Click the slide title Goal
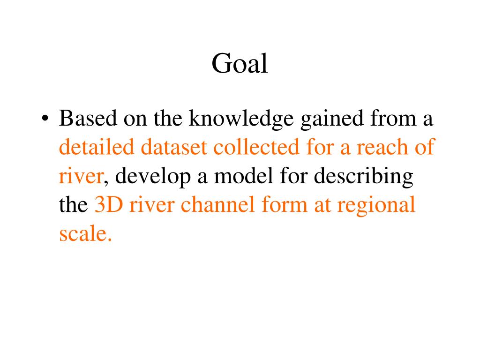pyautogui.click(x=240, y=63)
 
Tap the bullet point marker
pyautogui.click(x=45, y=119)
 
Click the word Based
pyautogui.click(x=88, y=118)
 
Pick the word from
pyautogui.click(x=393, y=118)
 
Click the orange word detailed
pyautogui.click(x=97, y=147)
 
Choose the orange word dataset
pyautogui.click(x=173, y=147)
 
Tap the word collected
pyautogui.click(x=256, y=147)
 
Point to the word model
pyautogui.click(x=243, y=176)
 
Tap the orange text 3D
pyautogui.click(x=109, y=205)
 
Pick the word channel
pyautogui.click(x=217, y=204)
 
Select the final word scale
pyautogui.click(x=85, y=233)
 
